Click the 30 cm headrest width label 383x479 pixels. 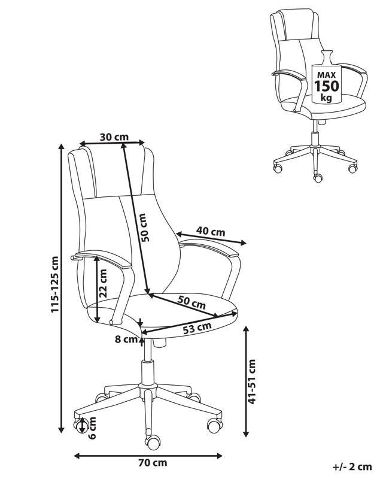point(114,137)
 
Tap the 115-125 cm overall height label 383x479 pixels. point(54,284)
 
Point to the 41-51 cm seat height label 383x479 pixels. point(252,381)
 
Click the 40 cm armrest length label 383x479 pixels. point(211,232)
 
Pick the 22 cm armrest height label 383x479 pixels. point(104,283)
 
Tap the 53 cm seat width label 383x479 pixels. point(197,328)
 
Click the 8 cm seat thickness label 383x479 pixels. point(126,339)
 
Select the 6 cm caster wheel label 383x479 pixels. point(92,428)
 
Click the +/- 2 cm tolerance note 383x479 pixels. point(352,467)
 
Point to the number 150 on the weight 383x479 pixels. point(327,86)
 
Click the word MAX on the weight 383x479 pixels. point(326,75)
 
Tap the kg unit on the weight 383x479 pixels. point(326,98)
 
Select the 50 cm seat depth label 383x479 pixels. point(192,302)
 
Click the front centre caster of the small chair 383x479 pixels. point(318,178)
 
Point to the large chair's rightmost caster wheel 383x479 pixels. point(214,425)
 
